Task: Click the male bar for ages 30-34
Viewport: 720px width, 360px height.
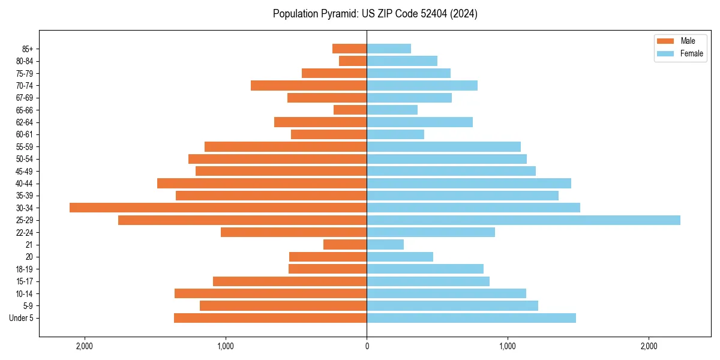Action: click(x=218, y=208)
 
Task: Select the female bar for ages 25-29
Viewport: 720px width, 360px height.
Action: click(x=523, y=220)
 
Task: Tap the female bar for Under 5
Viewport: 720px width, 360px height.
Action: click(x=471, y=318)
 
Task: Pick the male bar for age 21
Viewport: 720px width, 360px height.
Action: click(x=345, y=245)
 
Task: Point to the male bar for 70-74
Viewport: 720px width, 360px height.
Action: click(x=308, y=86)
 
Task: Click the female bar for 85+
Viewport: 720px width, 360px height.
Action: click(x=389, y=49)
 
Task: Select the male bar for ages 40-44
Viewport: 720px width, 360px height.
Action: click(x=262, y=183)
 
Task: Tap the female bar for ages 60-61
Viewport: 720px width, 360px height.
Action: click(x=395, y=134)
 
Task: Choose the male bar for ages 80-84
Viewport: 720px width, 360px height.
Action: click(x=353, y=61)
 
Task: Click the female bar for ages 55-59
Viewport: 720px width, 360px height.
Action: click(x=443, y=147)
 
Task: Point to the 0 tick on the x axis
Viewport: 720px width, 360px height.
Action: click(x=367, y=346)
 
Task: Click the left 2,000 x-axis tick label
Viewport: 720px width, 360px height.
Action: click(x=84, y=346)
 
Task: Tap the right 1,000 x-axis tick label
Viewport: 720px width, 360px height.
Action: click(x=508, y=346)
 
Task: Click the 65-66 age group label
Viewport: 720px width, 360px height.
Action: click(x=24, y=110)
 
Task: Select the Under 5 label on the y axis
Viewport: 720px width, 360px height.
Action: click(x=22, y=318)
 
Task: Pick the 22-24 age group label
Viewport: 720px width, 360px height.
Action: click(x=24, y=233)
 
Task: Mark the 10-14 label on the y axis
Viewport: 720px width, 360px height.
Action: click(x=24, y=294)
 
